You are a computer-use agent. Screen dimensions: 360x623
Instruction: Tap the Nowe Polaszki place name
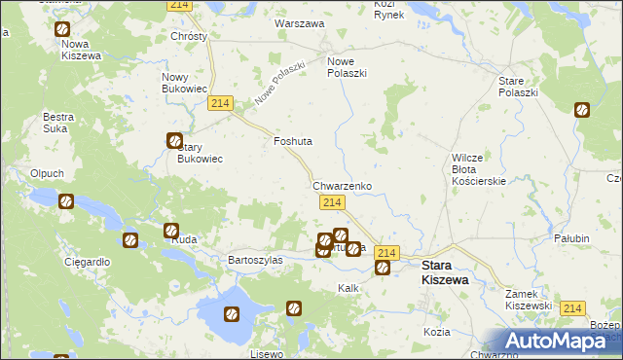(347, 66)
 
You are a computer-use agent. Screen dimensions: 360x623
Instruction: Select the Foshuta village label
(293, 141)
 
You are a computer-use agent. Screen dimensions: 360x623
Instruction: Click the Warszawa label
(300, 22)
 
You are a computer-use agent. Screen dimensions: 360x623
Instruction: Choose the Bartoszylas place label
(255, 260)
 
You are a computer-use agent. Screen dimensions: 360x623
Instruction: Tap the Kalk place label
(348, 288)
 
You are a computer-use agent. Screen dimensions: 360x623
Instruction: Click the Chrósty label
(189, 36)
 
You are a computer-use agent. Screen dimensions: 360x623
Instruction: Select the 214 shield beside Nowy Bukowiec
(220, 104)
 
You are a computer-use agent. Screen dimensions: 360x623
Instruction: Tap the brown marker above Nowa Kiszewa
(63, 30)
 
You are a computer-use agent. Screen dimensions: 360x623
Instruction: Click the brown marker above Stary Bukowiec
(174, 140)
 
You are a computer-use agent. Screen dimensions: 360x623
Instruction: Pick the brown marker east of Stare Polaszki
(582, 110)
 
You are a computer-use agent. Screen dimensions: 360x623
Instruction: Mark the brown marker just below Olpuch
(66, 202)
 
